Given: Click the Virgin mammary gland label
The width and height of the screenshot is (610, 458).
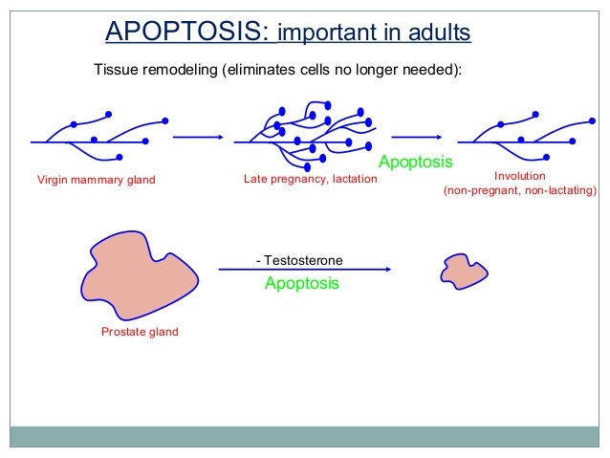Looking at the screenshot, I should click(x=96, y=180).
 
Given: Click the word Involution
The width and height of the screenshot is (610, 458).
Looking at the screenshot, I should click(x=519, y=176).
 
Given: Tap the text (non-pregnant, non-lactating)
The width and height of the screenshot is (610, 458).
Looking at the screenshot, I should click(x=519, y=191).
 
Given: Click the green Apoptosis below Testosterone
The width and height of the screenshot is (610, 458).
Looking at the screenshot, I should click(x=301, y=284).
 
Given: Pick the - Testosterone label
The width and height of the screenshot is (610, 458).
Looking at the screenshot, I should click(x=299, y=260).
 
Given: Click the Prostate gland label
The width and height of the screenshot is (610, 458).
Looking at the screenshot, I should click(x=140, y=333).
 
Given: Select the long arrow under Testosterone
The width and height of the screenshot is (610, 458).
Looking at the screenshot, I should click(x=305, y=271).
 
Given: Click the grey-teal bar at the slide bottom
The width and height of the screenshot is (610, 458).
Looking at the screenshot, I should click(x=305, y=436).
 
